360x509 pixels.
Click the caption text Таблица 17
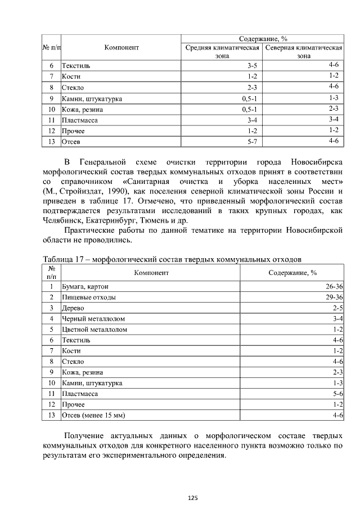tap(64, 259)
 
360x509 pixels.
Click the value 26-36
tap(334, 286)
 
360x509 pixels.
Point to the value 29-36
tap(334, 297)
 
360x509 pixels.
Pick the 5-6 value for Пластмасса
tap(337, 394)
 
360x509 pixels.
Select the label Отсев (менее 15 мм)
tap(93, 416)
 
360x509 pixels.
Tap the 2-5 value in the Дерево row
tap(337, 308)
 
